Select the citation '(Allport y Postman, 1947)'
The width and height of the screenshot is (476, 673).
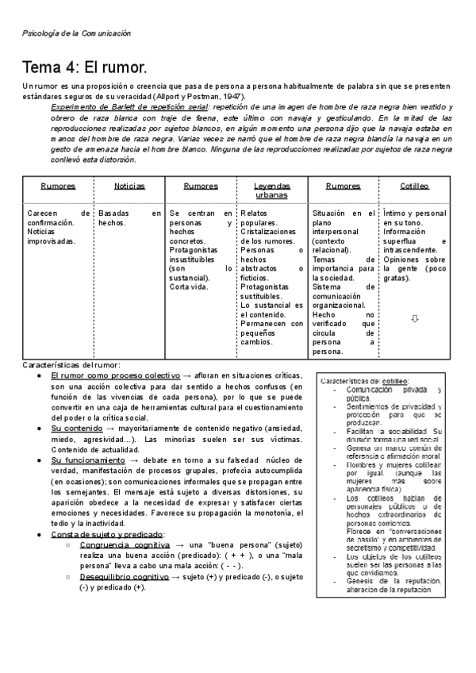click(196, 96)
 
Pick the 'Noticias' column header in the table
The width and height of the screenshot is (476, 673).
click(129, 186)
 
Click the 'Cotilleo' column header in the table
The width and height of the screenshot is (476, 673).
click(415, 186)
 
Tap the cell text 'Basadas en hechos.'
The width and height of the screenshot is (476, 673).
click(129, 218)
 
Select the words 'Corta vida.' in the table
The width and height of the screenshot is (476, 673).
click(190, 287)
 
